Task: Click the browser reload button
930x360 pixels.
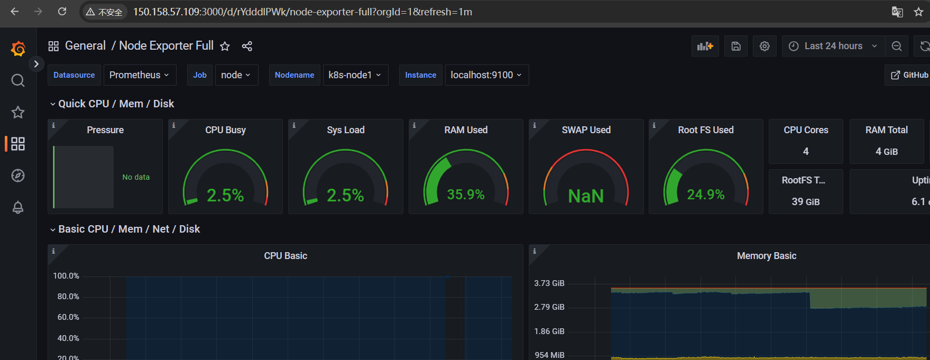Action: tap(62, 12)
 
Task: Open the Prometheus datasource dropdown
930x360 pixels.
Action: tap(139, 75)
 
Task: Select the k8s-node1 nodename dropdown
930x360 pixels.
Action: tap(355, 75)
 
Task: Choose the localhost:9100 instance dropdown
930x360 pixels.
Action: tap(486, 75)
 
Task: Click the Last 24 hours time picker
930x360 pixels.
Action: tap(833, 46)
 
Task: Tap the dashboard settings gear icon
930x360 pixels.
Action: tap(765, 46)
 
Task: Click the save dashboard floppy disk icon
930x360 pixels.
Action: tap(736, 46)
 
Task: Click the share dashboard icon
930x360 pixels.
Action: tap(247, 46)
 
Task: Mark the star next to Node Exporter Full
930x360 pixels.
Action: tap(225, 46)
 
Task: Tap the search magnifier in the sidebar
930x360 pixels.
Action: tap(18, 80)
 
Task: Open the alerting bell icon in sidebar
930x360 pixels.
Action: tap(18, 207)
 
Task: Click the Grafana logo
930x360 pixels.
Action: tap(18, 49)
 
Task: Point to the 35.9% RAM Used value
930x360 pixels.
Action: tap(466, 195)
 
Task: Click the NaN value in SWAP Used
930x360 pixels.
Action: tap(586, 196)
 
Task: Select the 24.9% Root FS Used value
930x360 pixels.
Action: tap(706, 195)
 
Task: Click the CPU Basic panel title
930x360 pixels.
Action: tap(286, 256)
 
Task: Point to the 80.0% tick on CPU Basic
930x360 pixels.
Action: tap(68, 297)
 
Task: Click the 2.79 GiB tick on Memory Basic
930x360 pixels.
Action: tap(549, 307)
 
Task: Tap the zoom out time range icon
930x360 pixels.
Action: tap(897, 46)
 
